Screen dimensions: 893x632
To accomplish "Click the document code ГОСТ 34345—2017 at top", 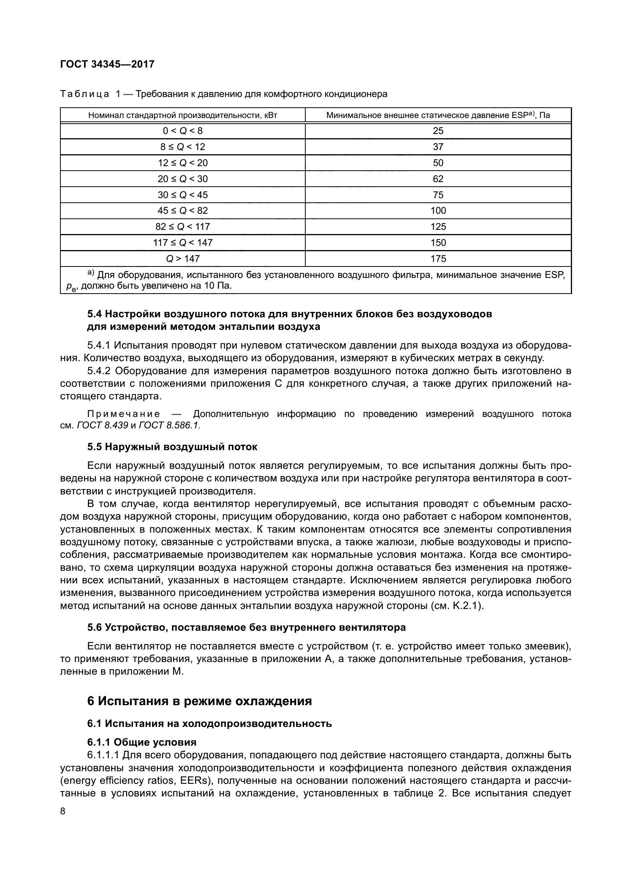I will pyautogui.click(x=107, y=64).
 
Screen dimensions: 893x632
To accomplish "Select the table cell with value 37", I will pyautogui.click(x=438, y=147).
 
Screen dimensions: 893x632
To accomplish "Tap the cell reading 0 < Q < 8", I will pyautogui.click(x=183, y=131).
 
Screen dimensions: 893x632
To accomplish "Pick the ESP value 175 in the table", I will pyautogui.click(x=438, y=258).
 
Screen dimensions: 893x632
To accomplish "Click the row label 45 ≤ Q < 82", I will pyautogui.click(x=183, y=210).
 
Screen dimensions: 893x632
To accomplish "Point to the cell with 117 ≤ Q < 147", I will pyautogui.click(x=183, y=243).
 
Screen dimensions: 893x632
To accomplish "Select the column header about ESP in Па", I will pyautogui.click(x=438, y=115).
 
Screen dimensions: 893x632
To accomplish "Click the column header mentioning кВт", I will pyautogui.click(x=183, y=115).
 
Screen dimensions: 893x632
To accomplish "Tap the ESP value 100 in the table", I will pyautogui.click(x=438, y=210).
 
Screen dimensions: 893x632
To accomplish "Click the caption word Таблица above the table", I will pyautogui.click(x=84, y=94).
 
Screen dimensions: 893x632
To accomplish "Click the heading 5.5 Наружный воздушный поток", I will pyautogui.click(x=172, y=447).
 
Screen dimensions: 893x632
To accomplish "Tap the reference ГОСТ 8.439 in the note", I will pyautogui.click(x=103, y=425).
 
